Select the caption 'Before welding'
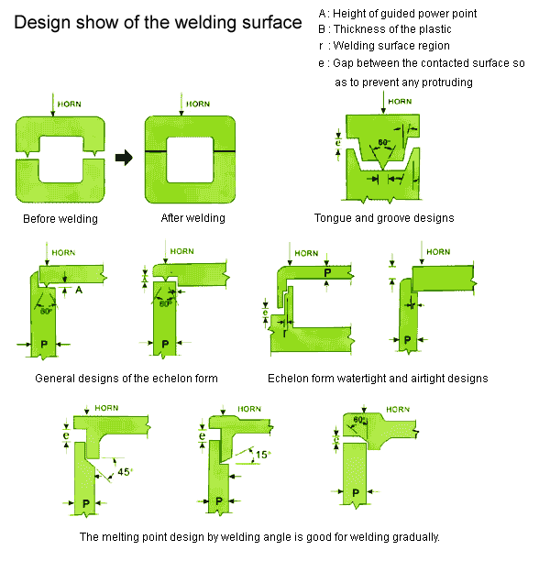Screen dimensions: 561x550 (x=60, y=219)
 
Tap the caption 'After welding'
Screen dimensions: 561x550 (x=192, y=218)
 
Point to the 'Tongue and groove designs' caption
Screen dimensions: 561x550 (x=384, y=218)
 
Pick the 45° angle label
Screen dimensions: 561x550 (x=126, y=472)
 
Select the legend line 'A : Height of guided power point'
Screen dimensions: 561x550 (x=397, y=14)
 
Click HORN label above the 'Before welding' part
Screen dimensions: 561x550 (x=71, y=104)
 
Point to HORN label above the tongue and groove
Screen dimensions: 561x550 (x=400, y=101)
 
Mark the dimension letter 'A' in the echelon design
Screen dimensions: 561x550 (x=79, y=288)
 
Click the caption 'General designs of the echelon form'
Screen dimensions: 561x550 (x=126, y=378)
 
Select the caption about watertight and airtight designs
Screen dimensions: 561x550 (x=378, y=378)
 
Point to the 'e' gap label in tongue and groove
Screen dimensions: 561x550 (x=337, y=143)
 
